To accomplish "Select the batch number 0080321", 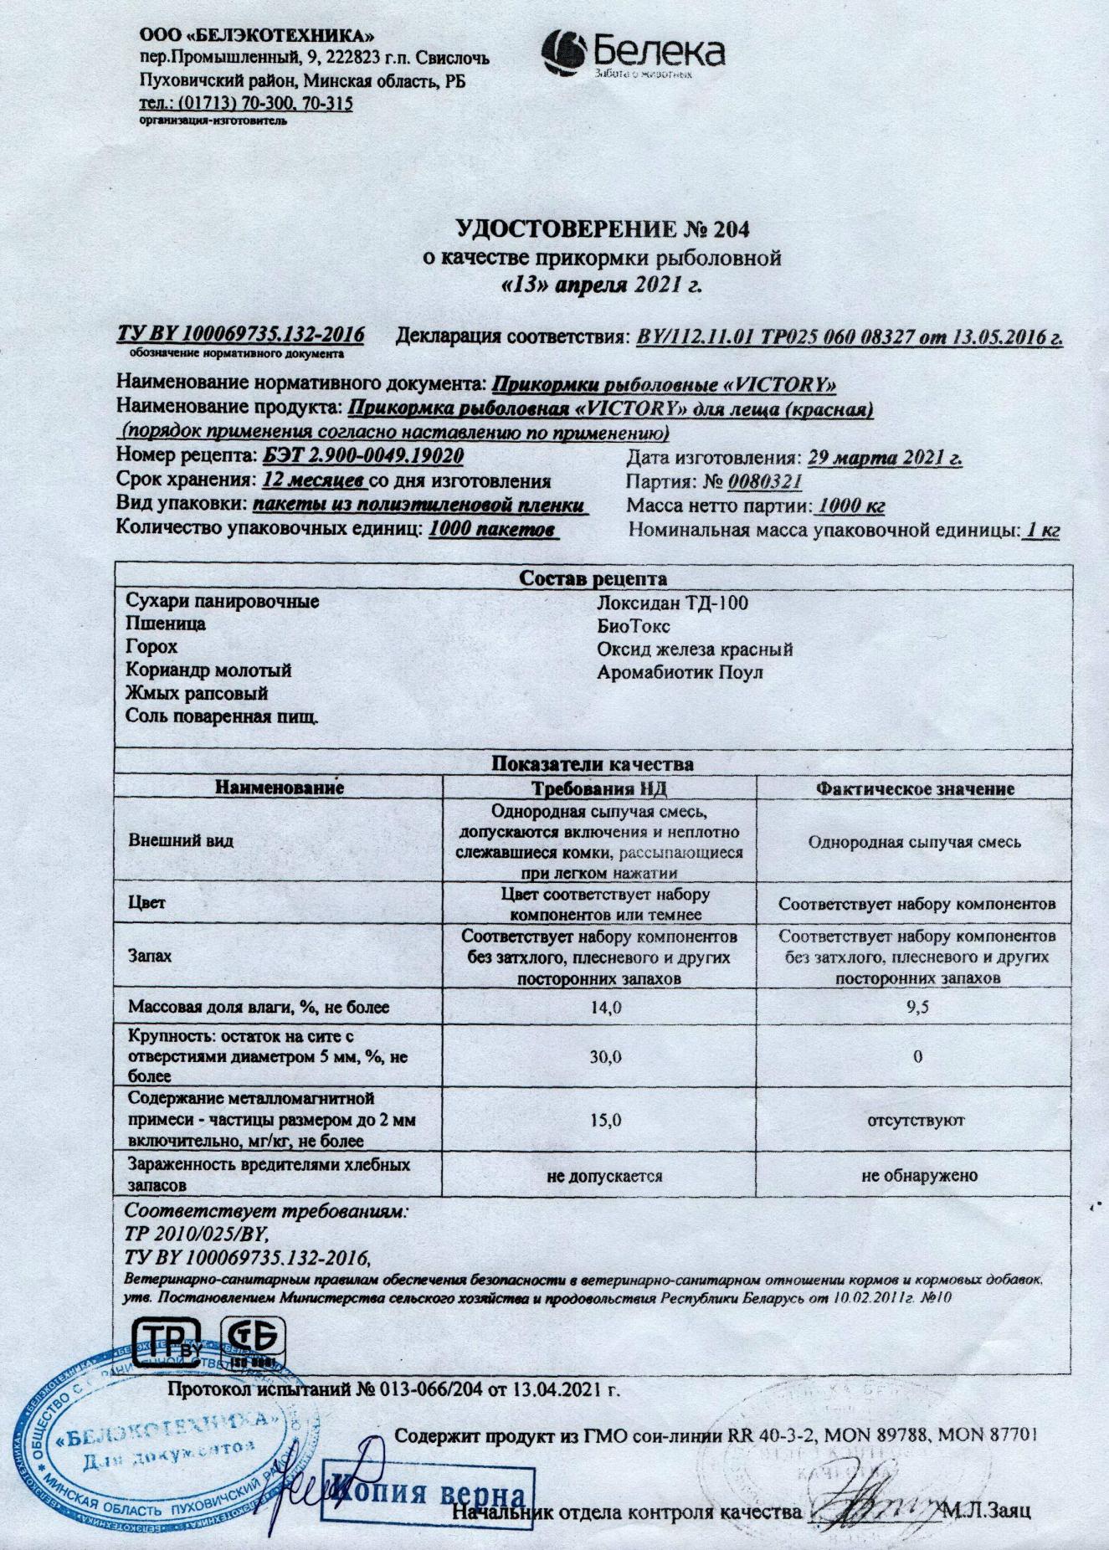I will coord(765,482).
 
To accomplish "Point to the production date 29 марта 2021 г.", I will coord(882,459).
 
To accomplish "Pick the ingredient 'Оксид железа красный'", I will coord(695,649).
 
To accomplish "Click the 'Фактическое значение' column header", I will coord(915,788).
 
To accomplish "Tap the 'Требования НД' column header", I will coord(600,788).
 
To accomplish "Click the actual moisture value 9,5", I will coord(917,1008).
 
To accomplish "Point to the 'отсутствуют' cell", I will coord(918,1119).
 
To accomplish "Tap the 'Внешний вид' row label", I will coord(181,841).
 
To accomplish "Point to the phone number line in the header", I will coord(246,104).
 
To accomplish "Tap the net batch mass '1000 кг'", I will coord(850,506).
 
